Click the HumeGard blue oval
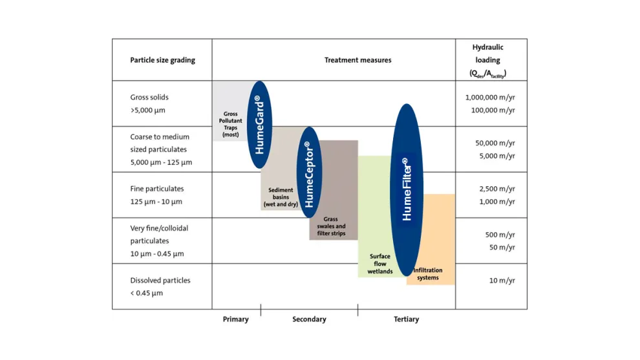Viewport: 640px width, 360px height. pyautogui.click(x=260, y=124)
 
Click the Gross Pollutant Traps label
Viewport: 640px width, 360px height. pyautogui.click(x=230, y=125)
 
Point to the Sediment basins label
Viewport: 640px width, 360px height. pyautogui.click(x=281, y=197)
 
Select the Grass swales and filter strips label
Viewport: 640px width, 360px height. pyautogui.click(x=330, y=226)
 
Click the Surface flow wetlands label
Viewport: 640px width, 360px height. pyautogui.click(x=380, y=264)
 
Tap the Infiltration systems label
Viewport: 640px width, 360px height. pyautogui.click(x=427, y=273)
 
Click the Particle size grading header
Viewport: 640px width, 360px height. pyautogui.click(x=162, y=60)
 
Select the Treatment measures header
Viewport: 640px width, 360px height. pyautogui.click(x=357, y=60)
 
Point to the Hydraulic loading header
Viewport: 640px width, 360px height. pyautogui.click(x=488, y=60)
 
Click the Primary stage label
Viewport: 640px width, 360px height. pyautogui.click(x=235, y=319)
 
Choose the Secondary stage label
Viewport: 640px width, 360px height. pyautogui.click(x=309, y=319)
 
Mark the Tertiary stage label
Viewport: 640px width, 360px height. pyautogui.click(x=406, y=319)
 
